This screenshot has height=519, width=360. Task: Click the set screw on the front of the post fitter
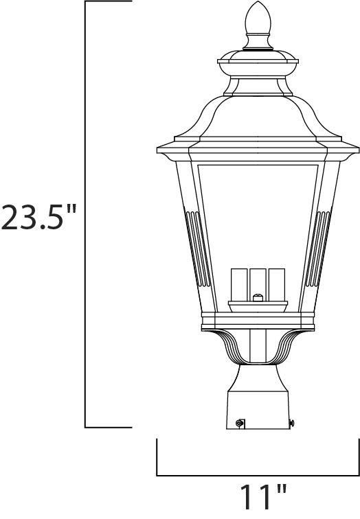[x=238, y=424]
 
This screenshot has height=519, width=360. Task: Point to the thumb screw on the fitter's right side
[x=292, y=424]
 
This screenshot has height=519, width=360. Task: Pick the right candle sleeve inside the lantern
[x=275, y=283]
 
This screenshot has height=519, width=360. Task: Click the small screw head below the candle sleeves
[x=258, y=297]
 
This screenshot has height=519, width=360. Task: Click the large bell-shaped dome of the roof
[x=258, y=110]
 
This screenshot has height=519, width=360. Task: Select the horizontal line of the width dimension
[x=258, y=475]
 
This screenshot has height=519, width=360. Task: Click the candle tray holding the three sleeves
[x=258, y=304]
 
